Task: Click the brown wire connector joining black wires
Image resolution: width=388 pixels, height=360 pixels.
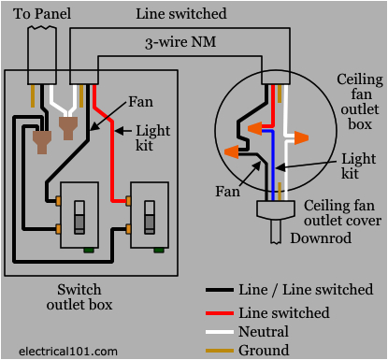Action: tap(43, 141)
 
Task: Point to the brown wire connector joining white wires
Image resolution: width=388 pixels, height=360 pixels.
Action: tap(68, 122)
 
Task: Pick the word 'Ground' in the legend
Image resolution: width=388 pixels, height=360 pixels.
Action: tap(266, 350)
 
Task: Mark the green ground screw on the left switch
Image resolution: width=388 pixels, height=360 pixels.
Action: tap(88, 250)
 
